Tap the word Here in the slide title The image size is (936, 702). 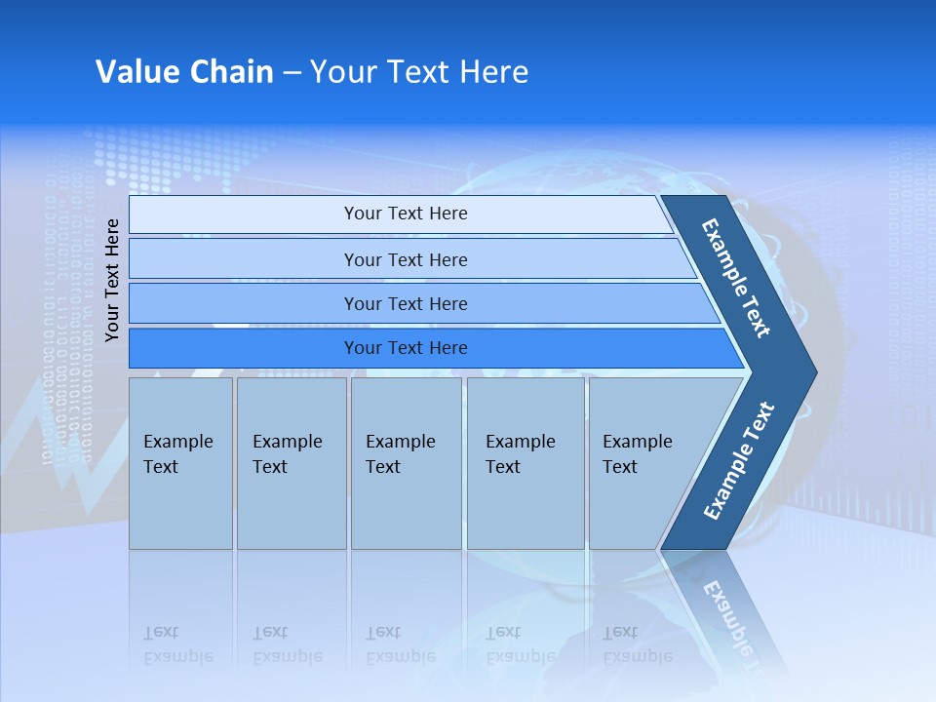(493, 72)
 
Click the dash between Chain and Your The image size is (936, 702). (292, 73)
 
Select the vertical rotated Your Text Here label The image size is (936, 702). (112, 280)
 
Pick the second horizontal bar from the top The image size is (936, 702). (405, 259)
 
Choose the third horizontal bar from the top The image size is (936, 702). (405, 304)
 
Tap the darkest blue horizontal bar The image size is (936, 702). (405, 348)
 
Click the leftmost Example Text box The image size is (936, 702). (180, 463)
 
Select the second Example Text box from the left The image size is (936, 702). (291, 463)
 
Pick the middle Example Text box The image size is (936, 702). (406, 463)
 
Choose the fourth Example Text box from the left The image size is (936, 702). (526, 463)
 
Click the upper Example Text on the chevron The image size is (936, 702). (736, 278)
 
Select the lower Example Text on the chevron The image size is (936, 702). (738, 461)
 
